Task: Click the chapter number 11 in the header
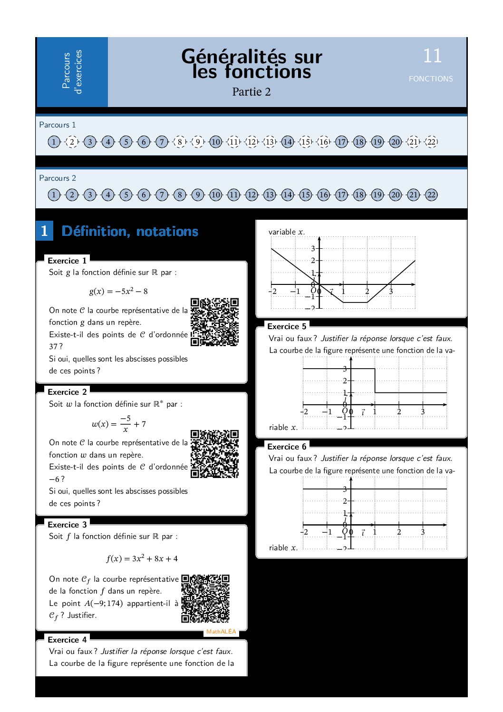[x=432, y=56]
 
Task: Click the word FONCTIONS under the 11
[x=431, y=79]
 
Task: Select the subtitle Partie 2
[x=251, y=92]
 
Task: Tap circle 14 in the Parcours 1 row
[x=288, y=142]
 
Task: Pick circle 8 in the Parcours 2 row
[x=180, y=195]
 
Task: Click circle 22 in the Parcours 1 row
[x=431, y=142]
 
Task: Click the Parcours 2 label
[x=58, y=178]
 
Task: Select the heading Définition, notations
[x=130, y=231]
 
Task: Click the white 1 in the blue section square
[x=44, y=231]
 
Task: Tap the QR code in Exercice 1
[x=214, y=322]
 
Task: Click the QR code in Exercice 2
[x=214, y=454]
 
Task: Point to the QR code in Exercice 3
[x=205, y=599]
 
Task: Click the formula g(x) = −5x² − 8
[x=118, y=291]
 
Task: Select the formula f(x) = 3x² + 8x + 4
[x=142, y=558]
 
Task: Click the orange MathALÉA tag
[x=221, y=632]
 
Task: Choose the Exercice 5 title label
[x=287, y=326]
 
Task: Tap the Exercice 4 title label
[x=67, y=640]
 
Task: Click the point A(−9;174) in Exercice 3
[x=103, y=603]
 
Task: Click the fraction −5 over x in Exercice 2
[x=125, y=424]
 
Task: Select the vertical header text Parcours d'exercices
[x=72, y=72]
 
